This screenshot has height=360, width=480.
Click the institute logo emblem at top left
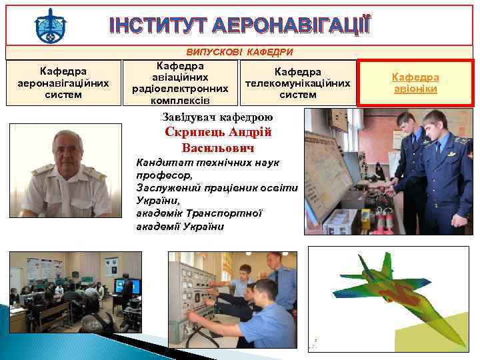(x=51, y=26)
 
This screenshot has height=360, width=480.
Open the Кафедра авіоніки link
(x=415, y=83)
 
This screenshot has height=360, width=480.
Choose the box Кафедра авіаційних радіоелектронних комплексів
(x=180, y=83)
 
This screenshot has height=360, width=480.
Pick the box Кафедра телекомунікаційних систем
(x=298, y=83)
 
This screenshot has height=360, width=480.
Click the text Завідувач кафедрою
(x=217, y=117)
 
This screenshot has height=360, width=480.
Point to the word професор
(x=163, y=175)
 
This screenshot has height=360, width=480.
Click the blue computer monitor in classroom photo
(x=126, y=285)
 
